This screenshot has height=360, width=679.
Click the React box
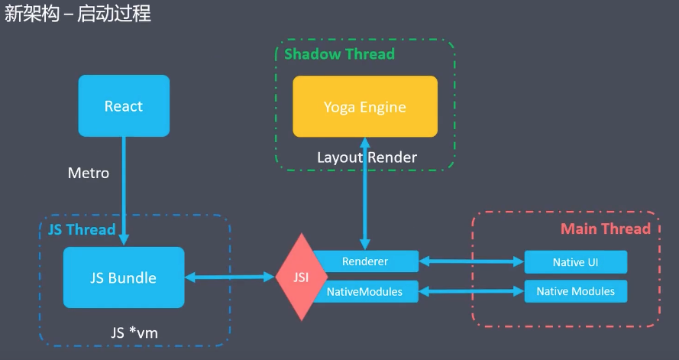point(124,105)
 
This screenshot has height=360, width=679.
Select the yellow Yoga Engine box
point(365,106)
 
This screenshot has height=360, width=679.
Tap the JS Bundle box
point(124,277)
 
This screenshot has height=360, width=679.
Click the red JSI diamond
point(302,277)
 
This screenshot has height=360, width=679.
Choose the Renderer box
point(365,261)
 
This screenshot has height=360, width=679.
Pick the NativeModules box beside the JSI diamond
point(365,291)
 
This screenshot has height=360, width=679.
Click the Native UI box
point(575,262)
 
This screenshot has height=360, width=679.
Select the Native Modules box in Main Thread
point(575,291)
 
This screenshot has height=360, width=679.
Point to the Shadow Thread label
point(339,54)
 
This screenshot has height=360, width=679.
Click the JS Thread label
point(82,229)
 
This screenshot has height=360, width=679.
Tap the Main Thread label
point(606,229)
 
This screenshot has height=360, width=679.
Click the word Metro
point(89,173)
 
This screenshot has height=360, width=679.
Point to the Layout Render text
point(367,157)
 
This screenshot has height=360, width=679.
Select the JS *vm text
point(134,332)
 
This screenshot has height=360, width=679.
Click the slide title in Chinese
point(77,13)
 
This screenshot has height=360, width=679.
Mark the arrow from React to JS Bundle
point(124,191)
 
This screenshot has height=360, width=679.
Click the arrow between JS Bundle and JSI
point(230,277)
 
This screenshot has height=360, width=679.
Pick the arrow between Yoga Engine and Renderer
point(365,193)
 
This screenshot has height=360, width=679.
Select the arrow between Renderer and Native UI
point(471,261)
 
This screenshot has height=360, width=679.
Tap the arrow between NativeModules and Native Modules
point(471,291)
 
